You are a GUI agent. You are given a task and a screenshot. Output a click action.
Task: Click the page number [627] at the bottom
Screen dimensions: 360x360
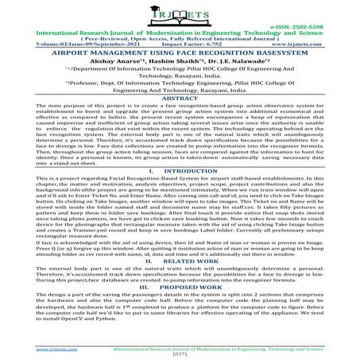pos(180,355)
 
